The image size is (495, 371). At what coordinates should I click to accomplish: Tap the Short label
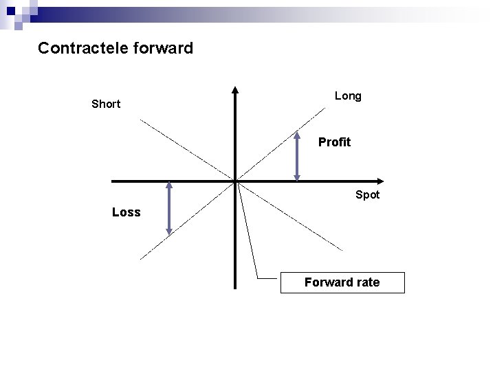pyautogui.click(x=106, y=104)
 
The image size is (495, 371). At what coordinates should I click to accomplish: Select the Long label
pyautogui.click(x=348, y=96)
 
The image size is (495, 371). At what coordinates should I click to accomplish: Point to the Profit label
pyautogui.click(x=334, y=142)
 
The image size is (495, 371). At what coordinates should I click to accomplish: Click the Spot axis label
pyautogui.click(x=367, y=194)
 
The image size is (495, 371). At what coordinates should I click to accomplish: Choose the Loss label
pyautogui.click(x=126, y=212)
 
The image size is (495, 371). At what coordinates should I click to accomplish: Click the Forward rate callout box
pyautogui.click(x=342, y=282)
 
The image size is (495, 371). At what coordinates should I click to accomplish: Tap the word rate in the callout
pyautogui.click(x=366, y=282)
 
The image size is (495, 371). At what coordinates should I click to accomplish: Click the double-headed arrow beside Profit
pyautogui.click(x=297, y=156)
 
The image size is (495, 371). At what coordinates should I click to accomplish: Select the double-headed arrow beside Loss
pyautogui.click(x=169, y=208)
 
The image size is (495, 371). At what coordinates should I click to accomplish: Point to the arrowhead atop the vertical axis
pyautogui.click(x=235, y=89)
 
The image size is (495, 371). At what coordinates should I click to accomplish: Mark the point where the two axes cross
pyautogui.click(x=235, y=181)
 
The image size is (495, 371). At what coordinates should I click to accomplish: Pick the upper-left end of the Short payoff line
pyautogui.click(x=141, y=120)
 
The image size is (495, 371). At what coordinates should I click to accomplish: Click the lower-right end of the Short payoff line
pyautogui.click(x=342, y=249)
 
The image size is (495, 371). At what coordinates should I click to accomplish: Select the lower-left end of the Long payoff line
pyautogui.click(x=141, y=259)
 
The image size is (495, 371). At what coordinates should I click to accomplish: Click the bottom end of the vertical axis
pyautogui.click(x=235, y=287)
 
